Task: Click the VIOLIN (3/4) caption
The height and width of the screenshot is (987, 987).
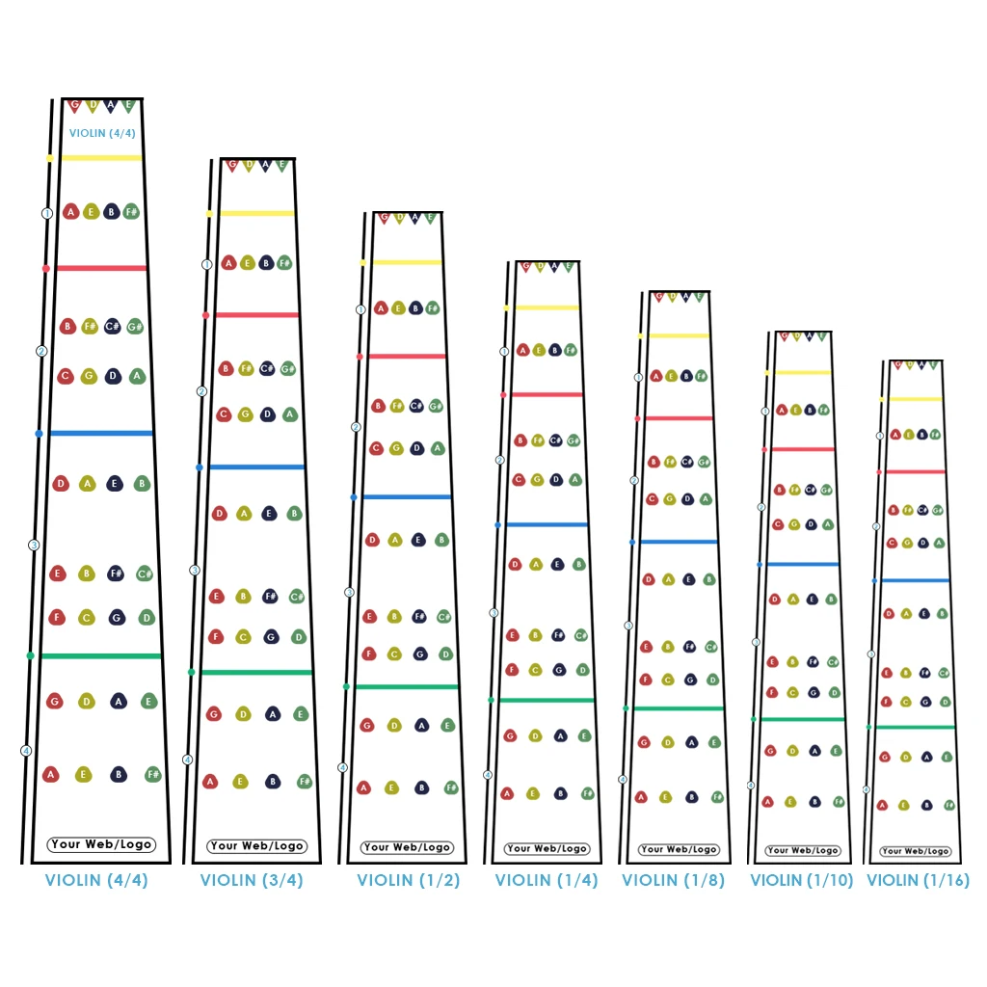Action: point(252,880)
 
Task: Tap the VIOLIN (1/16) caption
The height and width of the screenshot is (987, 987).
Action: point(918,880)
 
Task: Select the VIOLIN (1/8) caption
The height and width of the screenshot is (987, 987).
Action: point(673,880)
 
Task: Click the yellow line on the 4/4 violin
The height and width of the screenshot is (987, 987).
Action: point(101,158)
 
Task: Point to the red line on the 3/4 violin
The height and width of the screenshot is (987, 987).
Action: point(256,315)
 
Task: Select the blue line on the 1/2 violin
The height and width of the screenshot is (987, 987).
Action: point(406,497)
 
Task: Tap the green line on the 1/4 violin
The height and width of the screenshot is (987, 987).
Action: point(546,700)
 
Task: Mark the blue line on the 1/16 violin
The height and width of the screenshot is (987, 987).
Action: point(914,580)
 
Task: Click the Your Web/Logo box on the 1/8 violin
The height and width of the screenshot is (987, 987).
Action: point(679,849)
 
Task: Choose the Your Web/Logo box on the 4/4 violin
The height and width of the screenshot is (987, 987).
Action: point(101,844)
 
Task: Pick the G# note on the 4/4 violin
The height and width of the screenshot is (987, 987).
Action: point(135,327)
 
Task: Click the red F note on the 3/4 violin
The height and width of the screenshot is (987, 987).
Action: point(216,637)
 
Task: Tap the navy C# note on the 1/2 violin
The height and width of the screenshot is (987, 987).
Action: point(416,406)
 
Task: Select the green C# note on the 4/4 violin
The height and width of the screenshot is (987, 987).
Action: point(145,574)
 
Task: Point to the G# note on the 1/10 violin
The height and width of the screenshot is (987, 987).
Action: point(826,490)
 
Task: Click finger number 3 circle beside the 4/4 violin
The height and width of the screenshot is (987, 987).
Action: point(34,546)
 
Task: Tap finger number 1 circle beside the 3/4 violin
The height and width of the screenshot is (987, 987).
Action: point(206,264)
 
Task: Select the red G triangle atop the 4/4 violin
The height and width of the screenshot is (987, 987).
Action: point(75,105)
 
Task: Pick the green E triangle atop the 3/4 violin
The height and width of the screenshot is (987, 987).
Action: point(282,165)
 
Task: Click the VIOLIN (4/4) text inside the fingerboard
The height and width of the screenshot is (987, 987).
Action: point(102,134)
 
